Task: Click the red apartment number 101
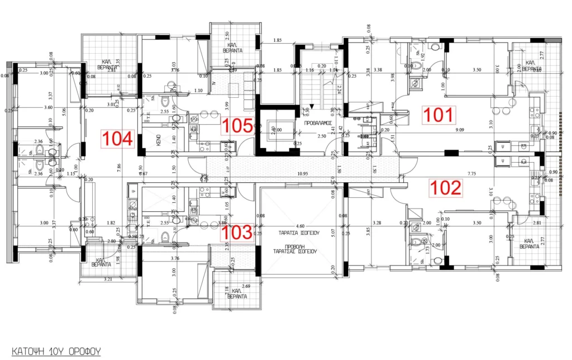pyautogui.click(x=440, y=115)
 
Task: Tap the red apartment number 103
pyautogui.click(x=242, y=232)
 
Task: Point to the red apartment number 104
pyautogui.click(x=118, y=139)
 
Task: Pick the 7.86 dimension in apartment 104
pyautogui.click(x=118, y=166)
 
